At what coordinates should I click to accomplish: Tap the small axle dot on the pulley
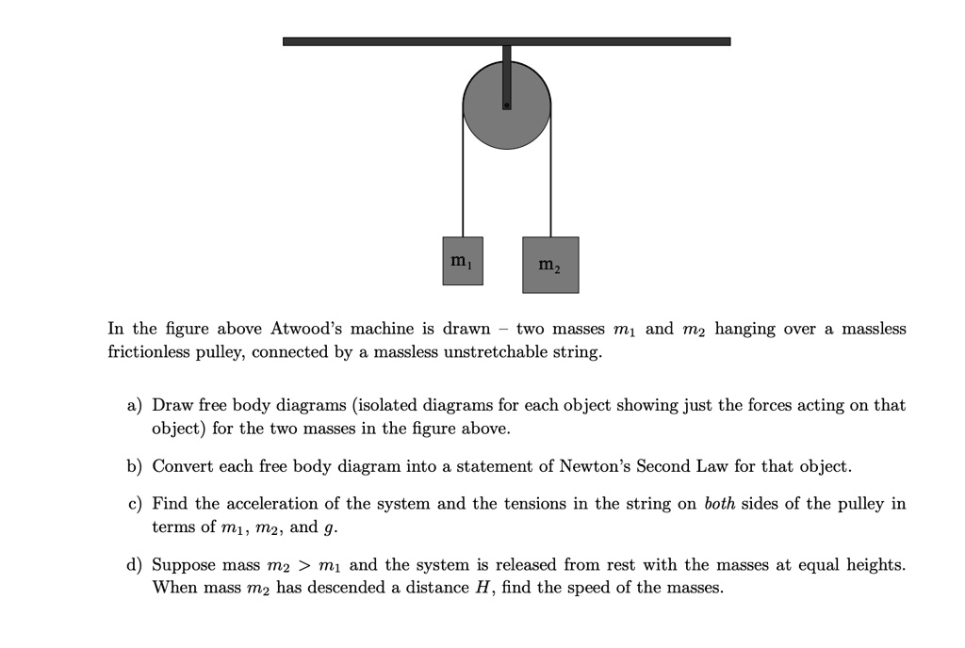(x=507, y=106)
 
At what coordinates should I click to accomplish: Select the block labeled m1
(x=462, y=261)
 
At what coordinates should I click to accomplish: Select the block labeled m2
(x=550, y=265)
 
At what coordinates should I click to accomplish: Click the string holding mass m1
(x=463, y=188)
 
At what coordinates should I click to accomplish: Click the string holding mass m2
(x=551, y=188)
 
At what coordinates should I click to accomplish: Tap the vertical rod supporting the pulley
(x=507, y=66)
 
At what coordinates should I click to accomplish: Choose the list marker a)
(x=135, y=405)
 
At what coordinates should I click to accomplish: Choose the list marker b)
(x=135, y=466)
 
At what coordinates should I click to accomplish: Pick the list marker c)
(x=135, y=504)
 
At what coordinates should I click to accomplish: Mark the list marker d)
(x=135, y=565)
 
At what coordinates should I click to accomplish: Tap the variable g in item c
(x=329, y=528)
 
